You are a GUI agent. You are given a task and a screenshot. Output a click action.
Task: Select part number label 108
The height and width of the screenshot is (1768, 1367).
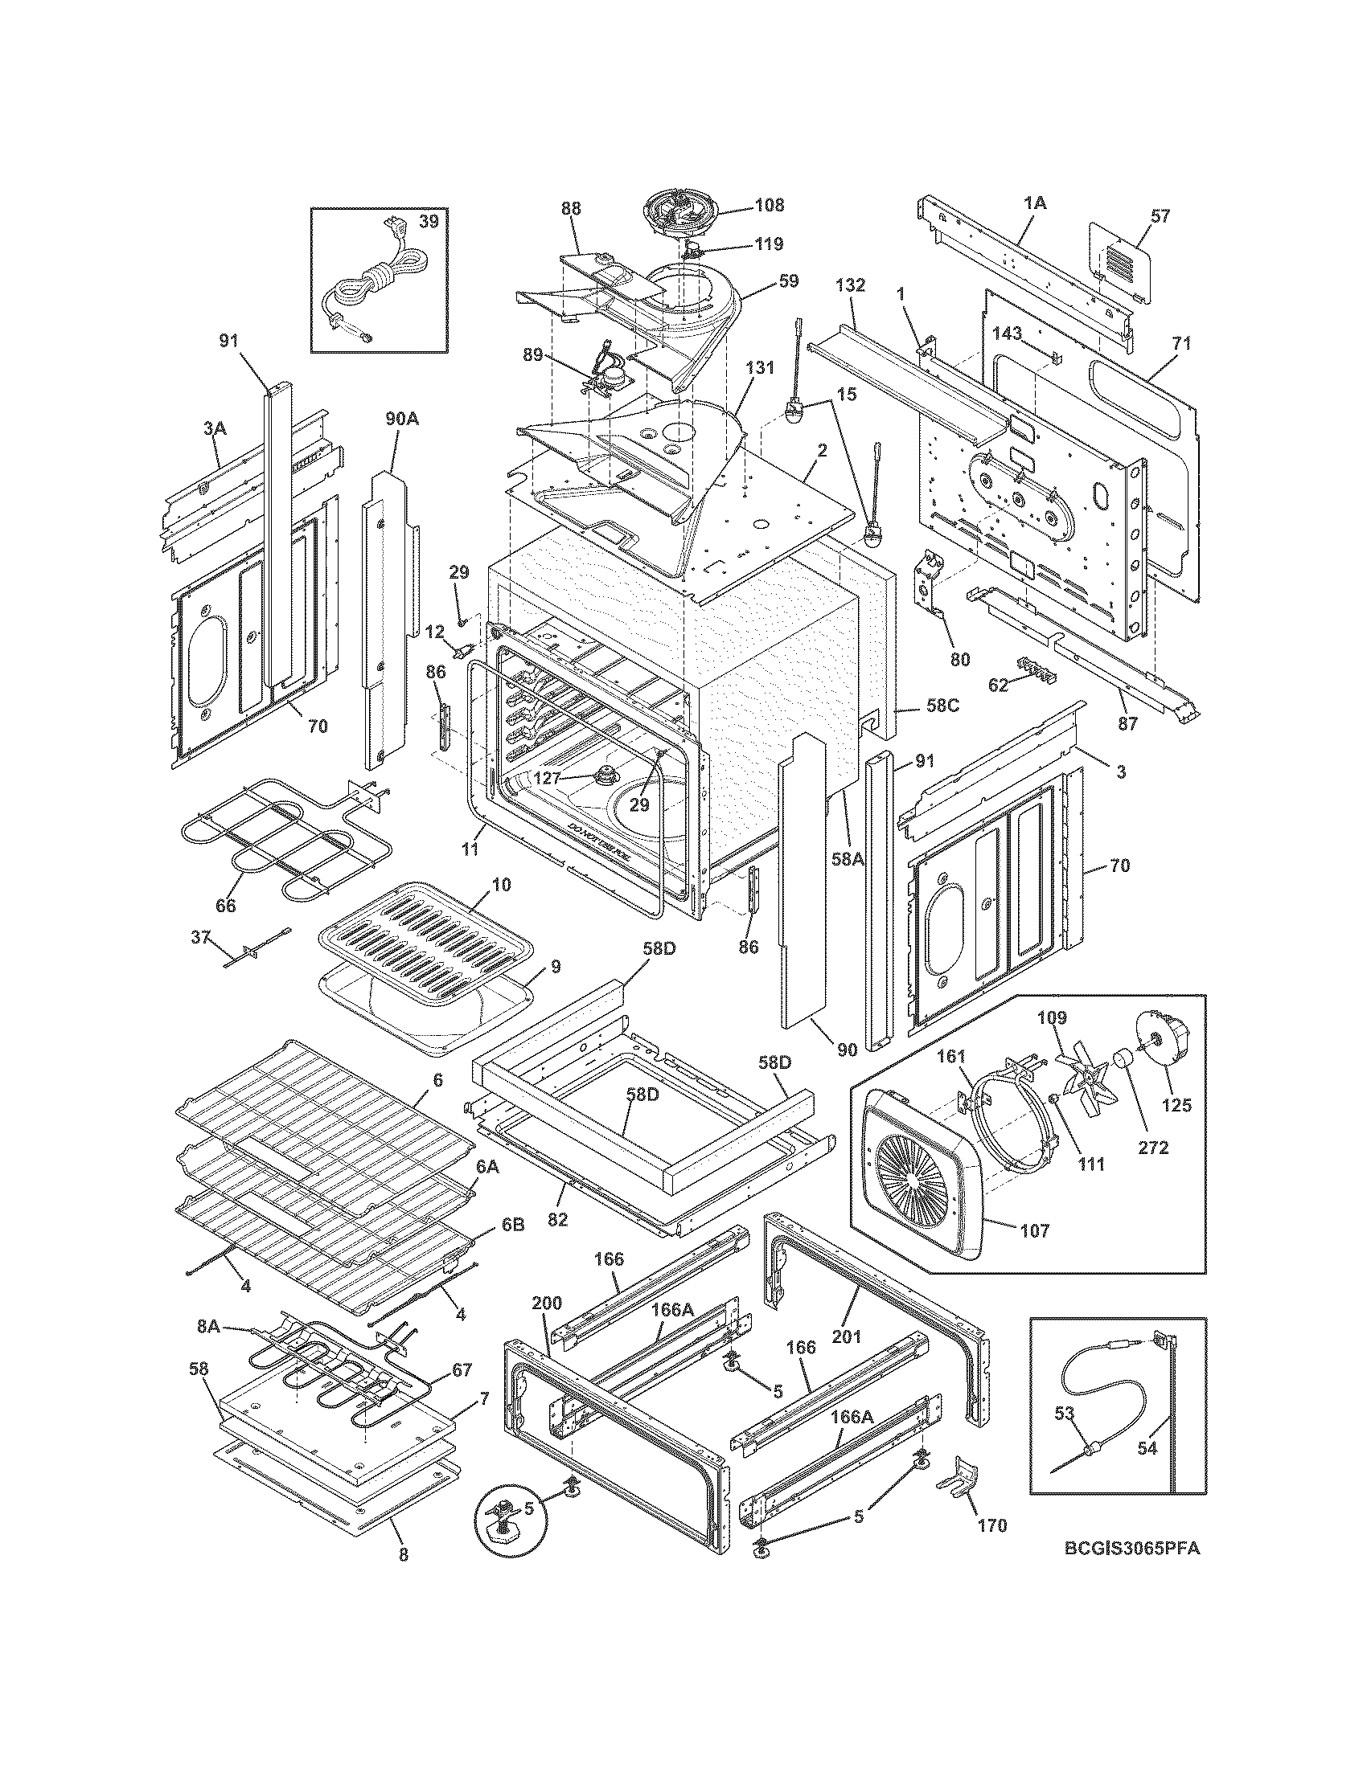tap(769, 205)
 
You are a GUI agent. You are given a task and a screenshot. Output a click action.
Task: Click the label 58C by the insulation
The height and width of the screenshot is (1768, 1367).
tap(942, 705)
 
